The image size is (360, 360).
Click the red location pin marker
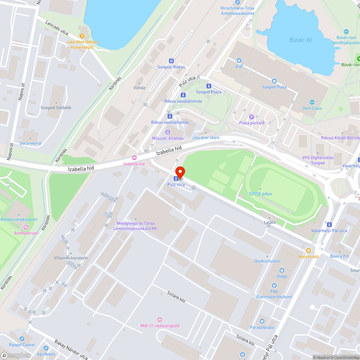point(180,172)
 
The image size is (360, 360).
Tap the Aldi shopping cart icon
point(239,60)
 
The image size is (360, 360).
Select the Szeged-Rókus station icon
point(171,61)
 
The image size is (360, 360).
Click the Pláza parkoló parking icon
point(252,117)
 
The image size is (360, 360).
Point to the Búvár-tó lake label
point(301,40)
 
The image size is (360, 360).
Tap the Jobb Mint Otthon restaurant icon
point(82,36)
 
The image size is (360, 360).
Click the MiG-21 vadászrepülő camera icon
point(160,320)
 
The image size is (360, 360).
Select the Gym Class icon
point(312,102)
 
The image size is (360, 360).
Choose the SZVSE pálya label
point(260,194)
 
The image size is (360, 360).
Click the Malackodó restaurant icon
point(308,251)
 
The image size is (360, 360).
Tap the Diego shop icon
point(282,270)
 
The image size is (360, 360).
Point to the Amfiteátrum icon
point(26,227)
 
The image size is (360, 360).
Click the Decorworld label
point(30,143)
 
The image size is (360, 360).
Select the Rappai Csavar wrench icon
point(22,339)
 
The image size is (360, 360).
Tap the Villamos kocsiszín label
point(71,258)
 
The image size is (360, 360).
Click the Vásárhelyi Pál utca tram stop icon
point(329,225)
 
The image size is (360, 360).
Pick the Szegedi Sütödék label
point(56,108)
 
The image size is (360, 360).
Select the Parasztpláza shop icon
point(262,321)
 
